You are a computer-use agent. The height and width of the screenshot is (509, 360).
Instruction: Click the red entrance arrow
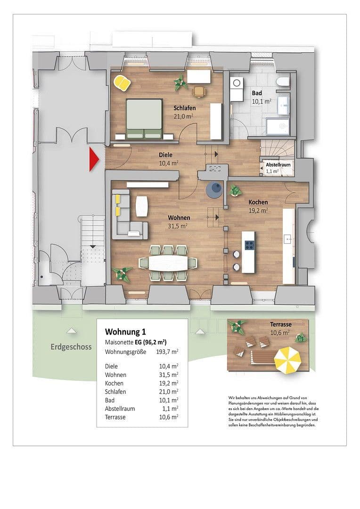93,159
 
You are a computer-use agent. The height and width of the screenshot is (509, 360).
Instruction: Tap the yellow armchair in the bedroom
123,83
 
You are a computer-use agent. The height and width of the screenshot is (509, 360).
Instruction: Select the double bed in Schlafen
144,118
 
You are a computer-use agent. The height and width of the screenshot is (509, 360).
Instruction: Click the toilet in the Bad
283,82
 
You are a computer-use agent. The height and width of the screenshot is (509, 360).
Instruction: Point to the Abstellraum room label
278,165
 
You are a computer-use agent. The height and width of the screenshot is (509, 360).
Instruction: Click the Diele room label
165,155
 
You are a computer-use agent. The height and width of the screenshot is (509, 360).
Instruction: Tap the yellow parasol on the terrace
287,360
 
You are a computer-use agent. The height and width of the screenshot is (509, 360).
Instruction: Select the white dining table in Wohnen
168,263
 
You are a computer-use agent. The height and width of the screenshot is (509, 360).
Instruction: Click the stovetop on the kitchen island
249,245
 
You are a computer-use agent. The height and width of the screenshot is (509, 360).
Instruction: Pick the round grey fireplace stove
214,189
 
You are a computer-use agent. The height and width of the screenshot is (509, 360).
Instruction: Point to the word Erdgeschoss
71,347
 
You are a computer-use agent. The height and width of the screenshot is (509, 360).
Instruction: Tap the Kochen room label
259,202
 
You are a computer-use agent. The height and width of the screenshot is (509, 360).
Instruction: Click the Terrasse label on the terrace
281,325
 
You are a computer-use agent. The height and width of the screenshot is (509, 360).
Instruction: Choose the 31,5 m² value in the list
168,374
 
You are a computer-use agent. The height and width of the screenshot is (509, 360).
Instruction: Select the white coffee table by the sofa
141,205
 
